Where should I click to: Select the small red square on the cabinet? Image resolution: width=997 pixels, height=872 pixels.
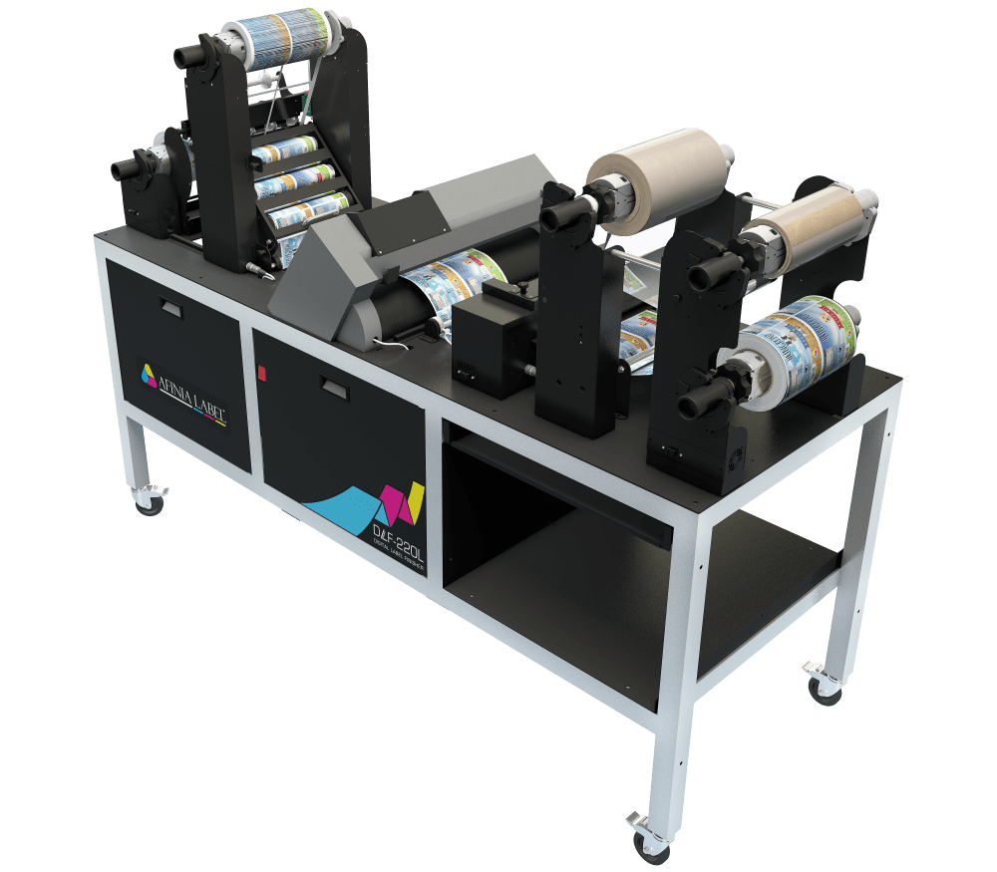(261, 372)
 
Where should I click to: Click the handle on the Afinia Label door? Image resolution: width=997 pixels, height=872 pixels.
(170, 310)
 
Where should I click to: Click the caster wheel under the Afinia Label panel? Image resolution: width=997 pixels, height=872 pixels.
(150, 500)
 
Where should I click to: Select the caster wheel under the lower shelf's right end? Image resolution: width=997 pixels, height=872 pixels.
(824, 687)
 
